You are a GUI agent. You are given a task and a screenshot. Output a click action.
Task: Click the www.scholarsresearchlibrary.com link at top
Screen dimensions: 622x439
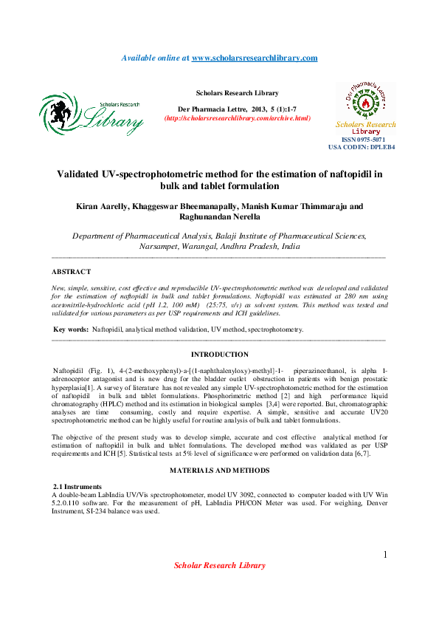pos(255,58)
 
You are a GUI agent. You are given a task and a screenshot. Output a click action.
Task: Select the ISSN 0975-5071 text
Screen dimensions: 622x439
pos(362,140)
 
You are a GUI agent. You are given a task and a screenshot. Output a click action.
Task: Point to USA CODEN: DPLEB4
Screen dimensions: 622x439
pos(362,148)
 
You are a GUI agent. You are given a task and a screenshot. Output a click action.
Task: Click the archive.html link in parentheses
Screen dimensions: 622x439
pos(237,118)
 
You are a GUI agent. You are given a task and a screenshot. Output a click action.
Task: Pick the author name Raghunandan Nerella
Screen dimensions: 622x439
pos(220,217)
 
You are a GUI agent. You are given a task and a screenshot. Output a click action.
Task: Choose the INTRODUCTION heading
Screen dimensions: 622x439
pos(220,355)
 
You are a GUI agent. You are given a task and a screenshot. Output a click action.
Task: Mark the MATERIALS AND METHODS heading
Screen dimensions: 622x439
pos(220,471)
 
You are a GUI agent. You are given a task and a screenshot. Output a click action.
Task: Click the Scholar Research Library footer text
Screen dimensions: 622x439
pos(219,566)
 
